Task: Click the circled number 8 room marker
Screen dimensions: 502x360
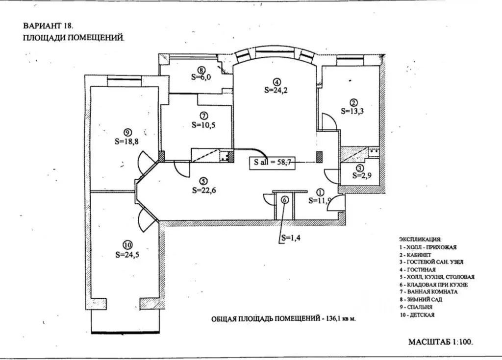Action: click(x=201, y=70)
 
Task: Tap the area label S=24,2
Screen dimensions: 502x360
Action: click(x=276, y=90)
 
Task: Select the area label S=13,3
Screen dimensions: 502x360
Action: click(x=352, y=111)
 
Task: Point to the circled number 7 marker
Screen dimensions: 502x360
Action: click(x=204, y=116)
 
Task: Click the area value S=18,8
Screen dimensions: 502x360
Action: click(x=127, y=141)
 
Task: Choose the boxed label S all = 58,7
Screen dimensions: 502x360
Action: click(x=273, y=162)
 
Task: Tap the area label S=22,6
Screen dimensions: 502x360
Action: click(x=204, y=191)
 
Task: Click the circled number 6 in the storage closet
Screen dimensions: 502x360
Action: click(x=285, y=200)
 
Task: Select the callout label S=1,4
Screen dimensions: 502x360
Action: click(x=291, y=238)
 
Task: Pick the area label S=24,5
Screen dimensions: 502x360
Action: click(x=127, y=255)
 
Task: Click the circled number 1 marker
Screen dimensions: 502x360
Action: click(x=320, y=192)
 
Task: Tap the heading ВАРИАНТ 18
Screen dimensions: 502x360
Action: click(x=49, y=25)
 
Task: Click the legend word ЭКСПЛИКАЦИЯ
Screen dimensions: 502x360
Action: click(x=420, y=240)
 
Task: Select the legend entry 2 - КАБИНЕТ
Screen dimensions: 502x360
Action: click(x=416, y=255)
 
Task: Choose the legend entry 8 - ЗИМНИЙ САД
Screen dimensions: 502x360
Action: click(x=421, y=300)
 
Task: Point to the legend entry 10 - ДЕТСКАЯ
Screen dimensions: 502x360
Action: click(x=417, y=315)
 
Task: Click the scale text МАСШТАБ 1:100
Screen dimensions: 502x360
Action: click(x=441, y=342)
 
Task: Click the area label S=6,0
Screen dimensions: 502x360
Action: click(x=201, y=77)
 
